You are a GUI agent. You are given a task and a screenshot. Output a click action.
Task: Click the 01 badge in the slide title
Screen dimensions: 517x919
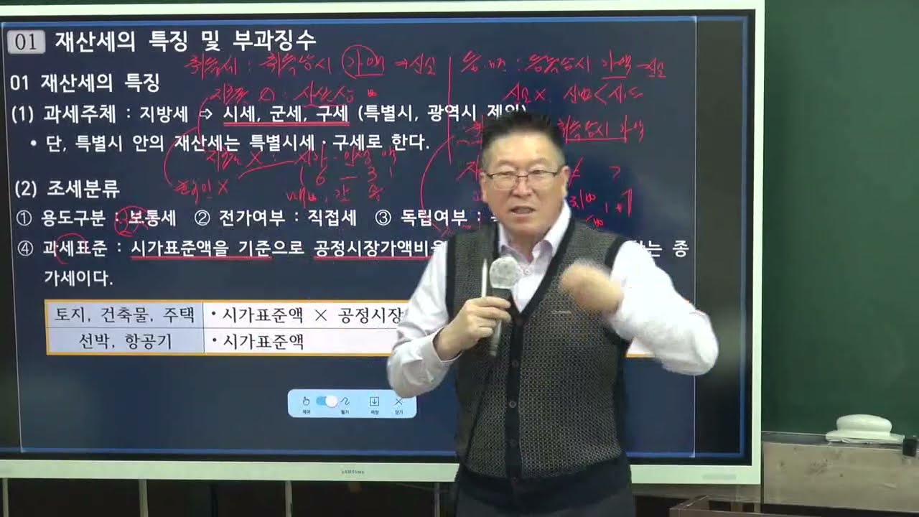tap(26, 42)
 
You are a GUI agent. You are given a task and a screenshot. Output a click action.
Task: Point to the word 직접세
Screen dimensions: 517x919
tap(332, 218)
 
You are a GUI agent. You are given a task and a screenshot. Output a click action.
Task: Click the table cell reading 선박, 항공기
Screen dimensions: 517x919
tap(125, 341)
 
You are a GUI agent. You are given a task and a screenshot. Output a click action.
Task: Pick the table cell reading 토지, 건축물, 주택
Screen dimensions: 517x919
tap(125, 315)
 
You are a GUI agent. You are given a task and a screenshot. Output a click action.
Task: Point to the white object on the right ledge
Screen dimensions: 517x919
tap(864, 428)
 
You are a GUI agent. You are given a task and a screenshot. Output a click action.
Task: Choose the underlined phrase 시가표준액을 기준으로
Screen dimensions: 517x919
tap(200, 248)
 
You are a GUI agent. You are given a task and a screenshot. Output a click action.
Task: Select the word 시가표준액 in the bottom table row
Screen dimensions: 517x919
tap(263, 342)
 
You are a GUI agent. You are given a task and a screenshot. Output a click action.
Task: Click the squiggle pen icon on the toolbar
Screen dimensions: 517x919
tap(345, 401)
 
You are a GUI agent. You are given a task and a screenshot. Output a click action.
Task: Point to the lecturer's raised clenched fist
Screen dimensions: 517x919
tap(587, 287)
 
